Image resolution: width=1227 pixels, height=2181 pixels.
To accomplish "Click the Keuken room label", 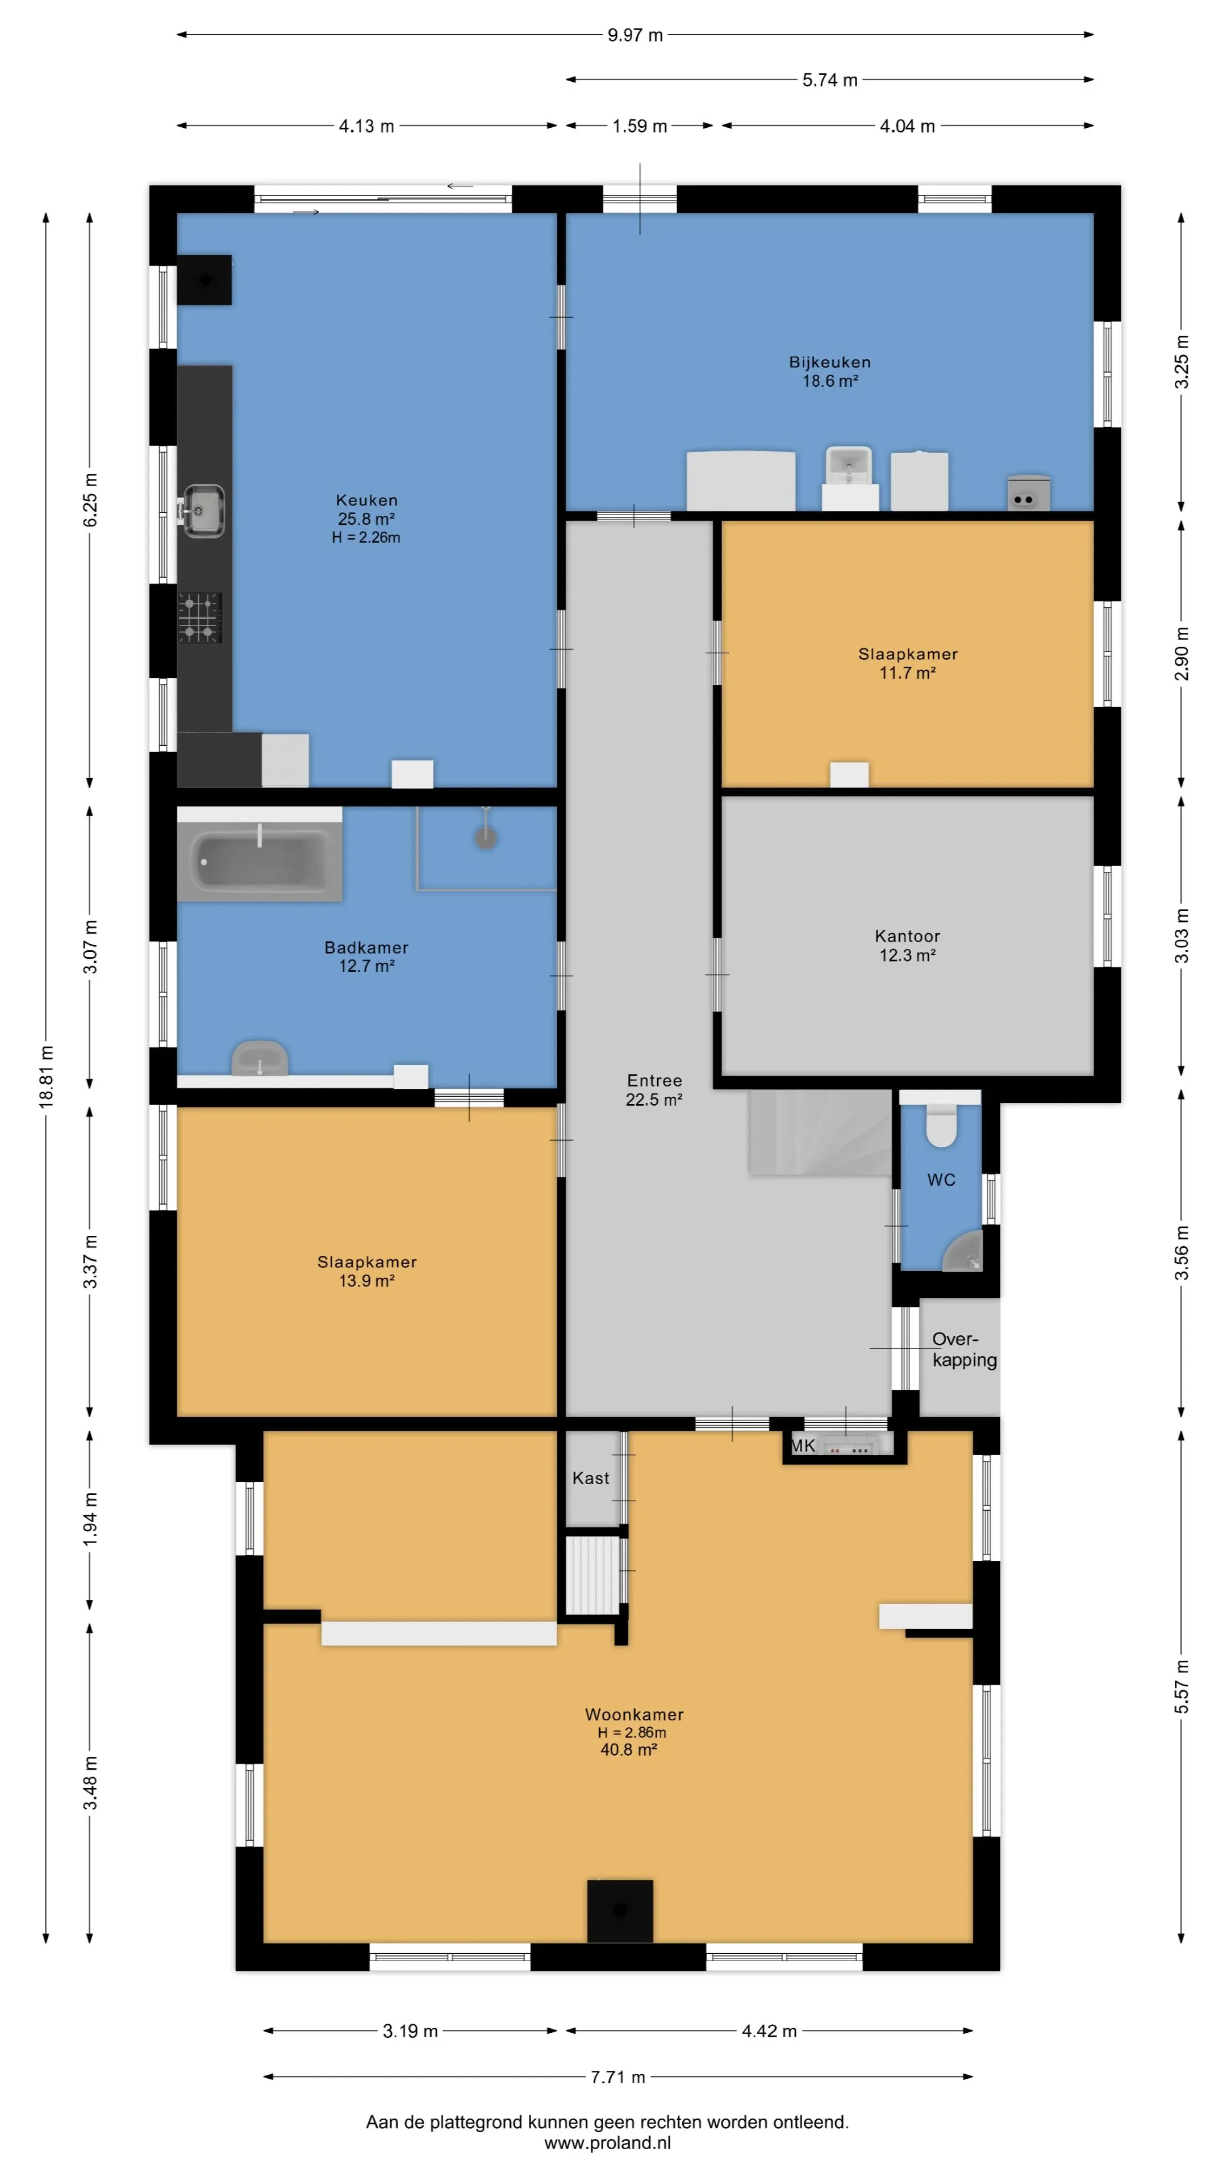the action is click(366, 500).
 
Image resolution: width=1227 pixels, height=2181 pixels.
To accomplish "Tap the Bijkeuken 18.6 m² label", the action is click(830, 371).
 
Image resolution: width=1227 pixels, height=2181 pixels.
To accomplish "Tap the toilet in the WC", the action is click(941, 1125).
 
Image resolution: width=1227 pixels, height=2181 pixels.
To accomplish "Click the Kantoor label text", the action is click(907, 935).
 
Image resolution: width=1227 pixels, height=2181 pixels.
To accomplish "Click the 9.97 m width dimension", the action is click(635, 35).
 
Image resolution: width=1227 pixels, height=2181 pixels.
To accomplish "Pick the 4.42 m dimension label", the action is click(769, 2030).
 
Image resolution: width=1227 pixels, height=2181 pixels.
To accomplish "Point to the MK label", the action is click(803, 1445).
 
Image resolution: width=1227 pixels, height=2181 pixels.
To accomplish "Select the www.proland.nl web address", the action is click(607, 2143).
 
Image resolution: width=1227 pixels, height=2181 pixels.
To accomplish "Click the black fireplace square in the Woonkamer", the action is click(620, 1911).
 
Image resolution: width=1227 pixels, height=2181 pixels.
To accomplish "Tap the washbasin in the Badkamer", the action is click(259, 1058).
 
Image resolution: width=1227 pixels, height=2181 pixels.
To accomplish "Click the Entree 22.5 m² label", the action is click(654, 1090).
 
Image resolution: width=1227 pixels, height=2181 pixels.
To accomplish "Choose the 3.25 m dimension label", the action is click(1182, 362).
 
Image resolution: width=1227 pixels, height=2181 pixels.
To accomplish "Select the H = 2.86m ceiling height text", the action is click(632, 1732).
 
